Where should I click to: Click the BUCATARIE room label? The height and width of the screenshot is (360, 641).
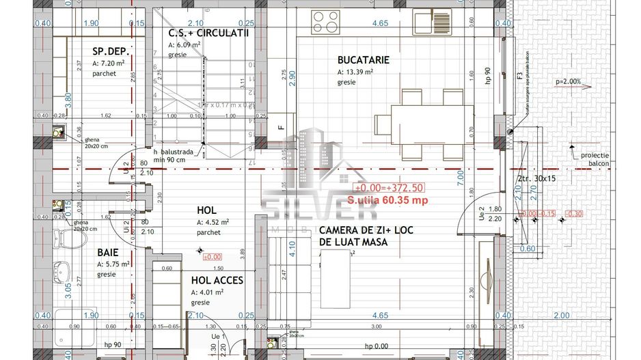[x=363, y=60]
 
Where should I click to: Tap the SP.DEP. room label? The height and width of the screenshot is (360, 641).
[x=111, y=51]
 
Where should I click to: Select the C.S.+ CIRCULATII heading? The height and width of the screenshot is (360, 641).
[x=208, y=33]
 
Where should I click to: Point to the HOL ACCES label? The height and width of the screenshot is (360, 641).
[x=217, y=280]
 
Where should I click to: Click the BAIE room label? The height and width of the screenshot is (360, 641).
[x=109, y=252]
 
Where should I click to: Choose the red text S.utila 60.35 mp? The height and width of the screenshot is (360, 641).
[x=387, y=201]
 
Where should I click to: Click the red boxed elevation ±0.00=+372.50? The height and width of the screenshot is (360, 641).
[x=389, y=187]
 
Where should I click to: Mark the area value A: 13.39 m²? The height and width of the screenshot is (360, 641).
[x=355, y=72]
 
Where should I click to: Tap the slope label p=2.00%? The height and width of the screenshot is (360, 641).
[x=569, y=82]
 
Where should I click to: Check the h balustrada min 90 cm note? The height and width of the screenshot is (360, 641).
[x=178, y=155]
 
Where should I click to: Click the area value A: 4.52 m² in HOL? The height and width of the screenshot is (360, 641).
[x=213, y=222]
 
